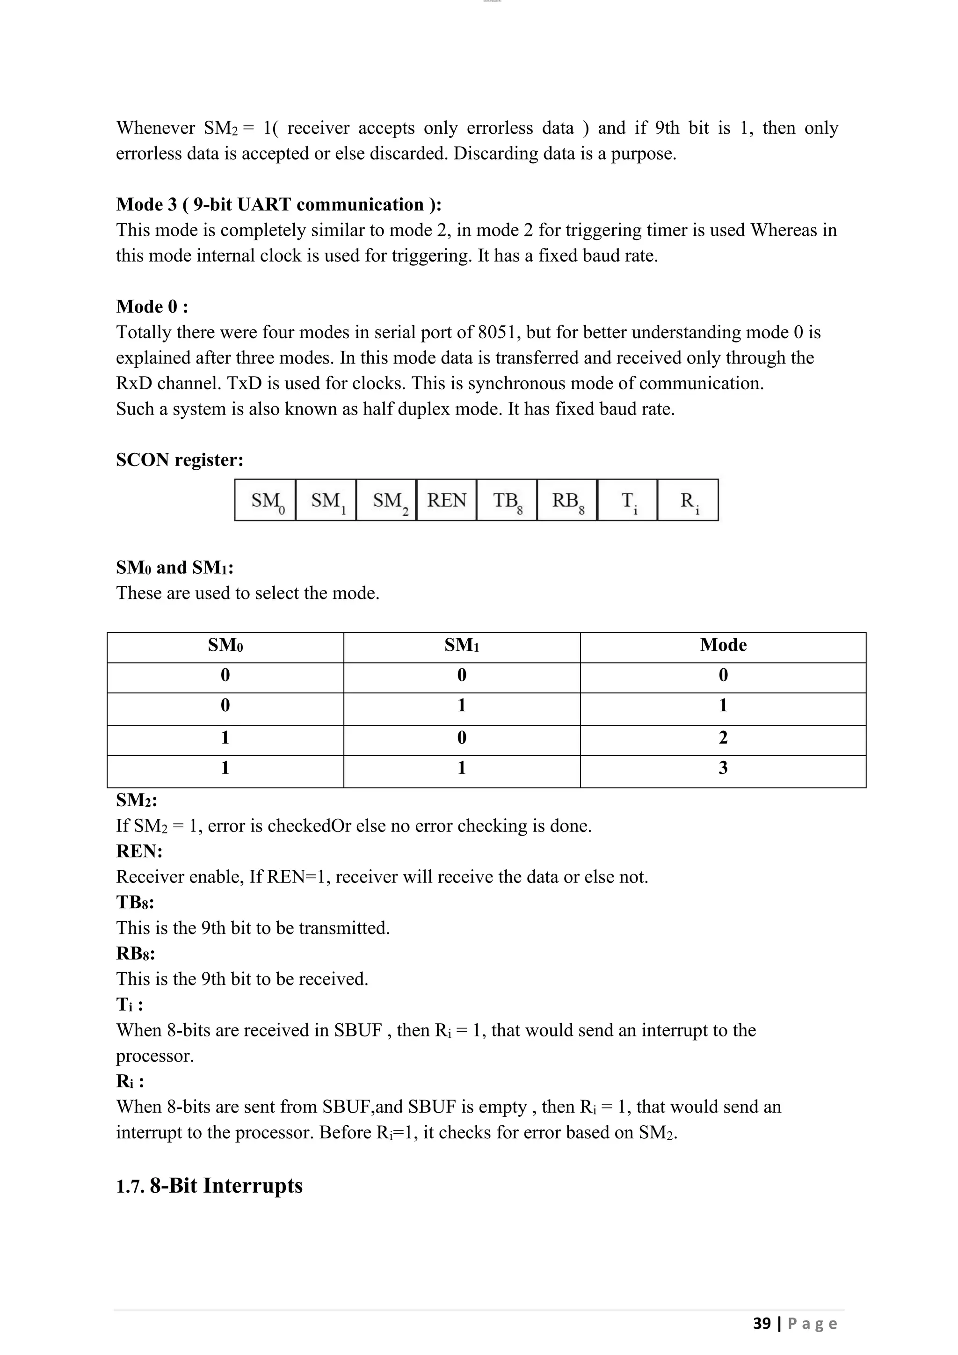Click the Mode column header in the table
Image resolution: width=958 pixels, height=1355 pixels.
(723, 645)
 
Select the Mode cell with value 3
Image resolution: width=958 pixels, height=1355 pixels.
(723, 768)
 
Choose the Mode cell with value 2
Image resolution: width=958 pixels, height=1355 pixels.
(723, 737)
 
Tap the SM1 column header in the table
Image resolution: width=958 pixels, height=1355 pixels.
(461, 645)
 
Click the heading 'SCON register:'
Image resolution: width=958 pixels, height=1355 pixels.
(179, 460)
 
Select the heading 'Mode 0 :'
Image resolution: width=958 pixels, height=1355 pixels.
(152, 306)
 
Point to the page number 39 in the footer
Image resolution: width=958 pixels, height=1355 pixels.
(762, 1323)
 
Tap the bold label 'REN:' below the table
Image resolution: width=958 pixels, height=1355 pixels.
(139, 851)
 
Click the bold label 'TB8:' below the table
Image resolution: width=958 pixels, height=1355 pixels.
(135, 903)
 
